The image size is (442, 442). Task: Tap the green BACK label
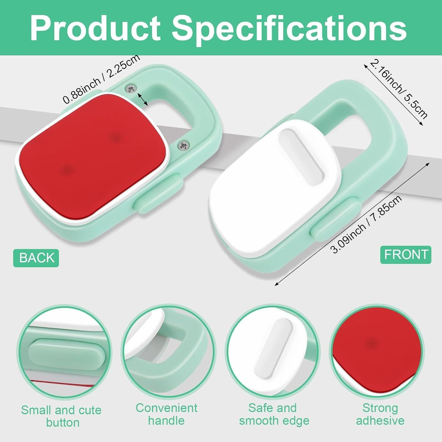pyautogui.click(x=36, y=258)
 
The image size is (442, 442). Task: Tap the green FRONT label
pyautogui.click(x=406, y=255)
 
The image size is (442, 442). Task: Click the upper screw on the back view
pyautogui.click(x=131, y=87)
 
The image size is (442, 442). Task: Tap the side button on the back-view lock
pyautogui.click(x=159, y=193)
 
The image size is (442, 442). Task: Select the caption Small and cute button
pyautogui.click(x=62, y=416)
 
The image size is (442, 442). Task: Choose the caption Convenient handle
pyautogui.click(x=166, y=414)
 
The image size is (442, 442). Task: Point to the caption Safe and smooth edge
pyautogui.click(x=274, y=414)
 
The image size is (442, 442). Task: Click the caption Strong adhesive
pyautogui.click(x=380, y=414)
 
